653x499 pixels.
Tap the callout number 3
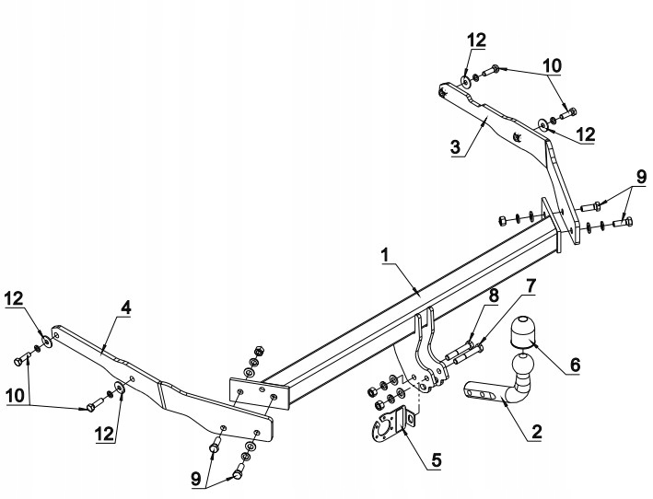[x=456, y=146]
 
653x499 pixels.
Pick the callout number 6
[x=575, y=365]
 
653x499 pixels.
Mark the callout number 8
[x=494, y=296]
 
